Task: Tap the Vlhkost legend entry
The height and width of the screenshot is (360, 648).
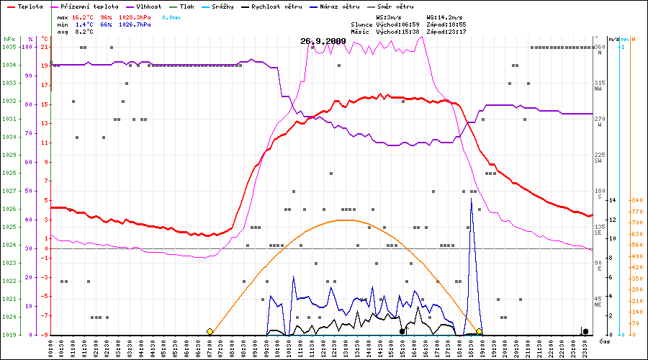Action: (x=148, y=6)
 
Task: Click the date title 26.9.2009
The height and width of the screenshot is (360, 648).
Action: (x=323, y=41)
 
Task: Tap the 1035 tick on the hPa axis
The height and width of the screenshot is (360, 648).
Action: (x=9, y=47)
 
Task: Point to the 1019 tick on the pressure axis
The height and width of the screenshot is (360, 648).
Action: (x=9, y=335)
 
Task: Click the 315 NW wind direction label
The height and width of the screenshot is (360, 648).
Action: (x=599, y=86)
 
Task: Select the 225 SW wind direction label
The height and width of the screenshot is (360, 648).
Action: (x=599, y=158)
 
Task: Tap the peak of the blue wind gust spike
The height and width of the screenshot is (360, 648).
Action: (x=472, y=199)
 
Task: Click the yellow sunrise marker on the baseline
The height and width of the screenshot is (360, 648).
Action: (x=210, y=332)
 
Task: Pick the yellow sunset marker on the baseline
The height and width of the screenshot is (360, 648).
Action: (x=479, y=332)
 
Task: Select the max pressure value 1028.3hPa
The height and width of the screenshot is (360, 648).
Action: (x=135, y=16)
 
